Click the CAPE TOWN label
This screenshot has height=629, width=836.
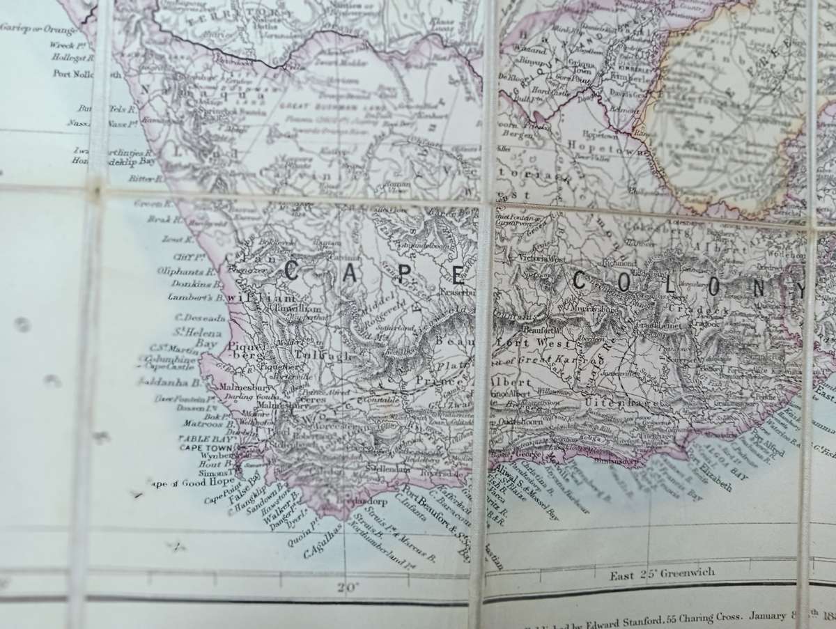coord(206,448)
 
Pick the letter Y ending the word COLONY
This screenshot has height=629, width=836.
coord(798,288)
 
